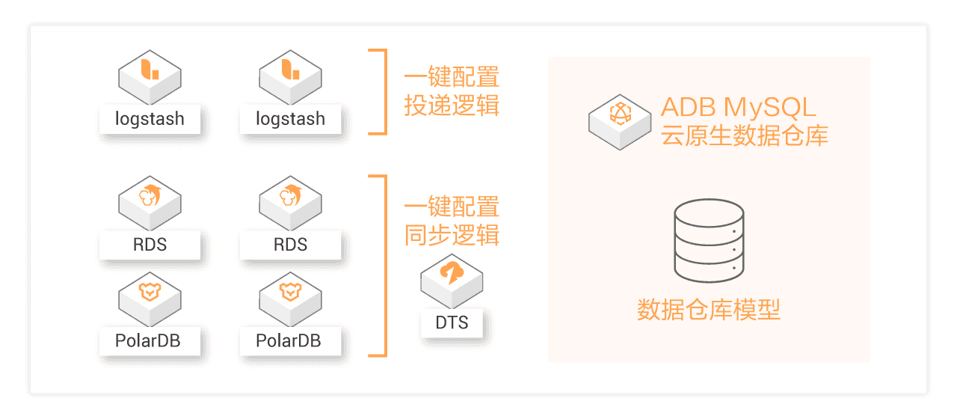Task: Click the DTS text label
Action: tap(452, 322)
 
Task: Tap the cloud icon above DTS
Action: tap(452, 275)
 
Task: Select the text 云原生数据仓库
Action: tap(745, 135)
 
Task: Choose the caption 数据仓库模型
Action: tap(709, 309)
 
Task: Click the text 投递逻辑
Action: tap(452, 105)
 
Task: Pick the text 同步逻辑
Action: tap(452, 234)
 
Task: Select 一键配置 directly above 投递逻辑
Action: tap(452, 76)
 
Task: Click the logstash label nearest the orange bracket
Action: tap(290, 118)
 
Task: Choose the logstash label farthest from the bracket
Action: tap(150, 118)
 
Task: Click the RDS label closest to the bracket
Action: tap(290, 245)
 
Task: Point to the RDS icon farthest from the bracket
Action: tap(150, 199)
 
